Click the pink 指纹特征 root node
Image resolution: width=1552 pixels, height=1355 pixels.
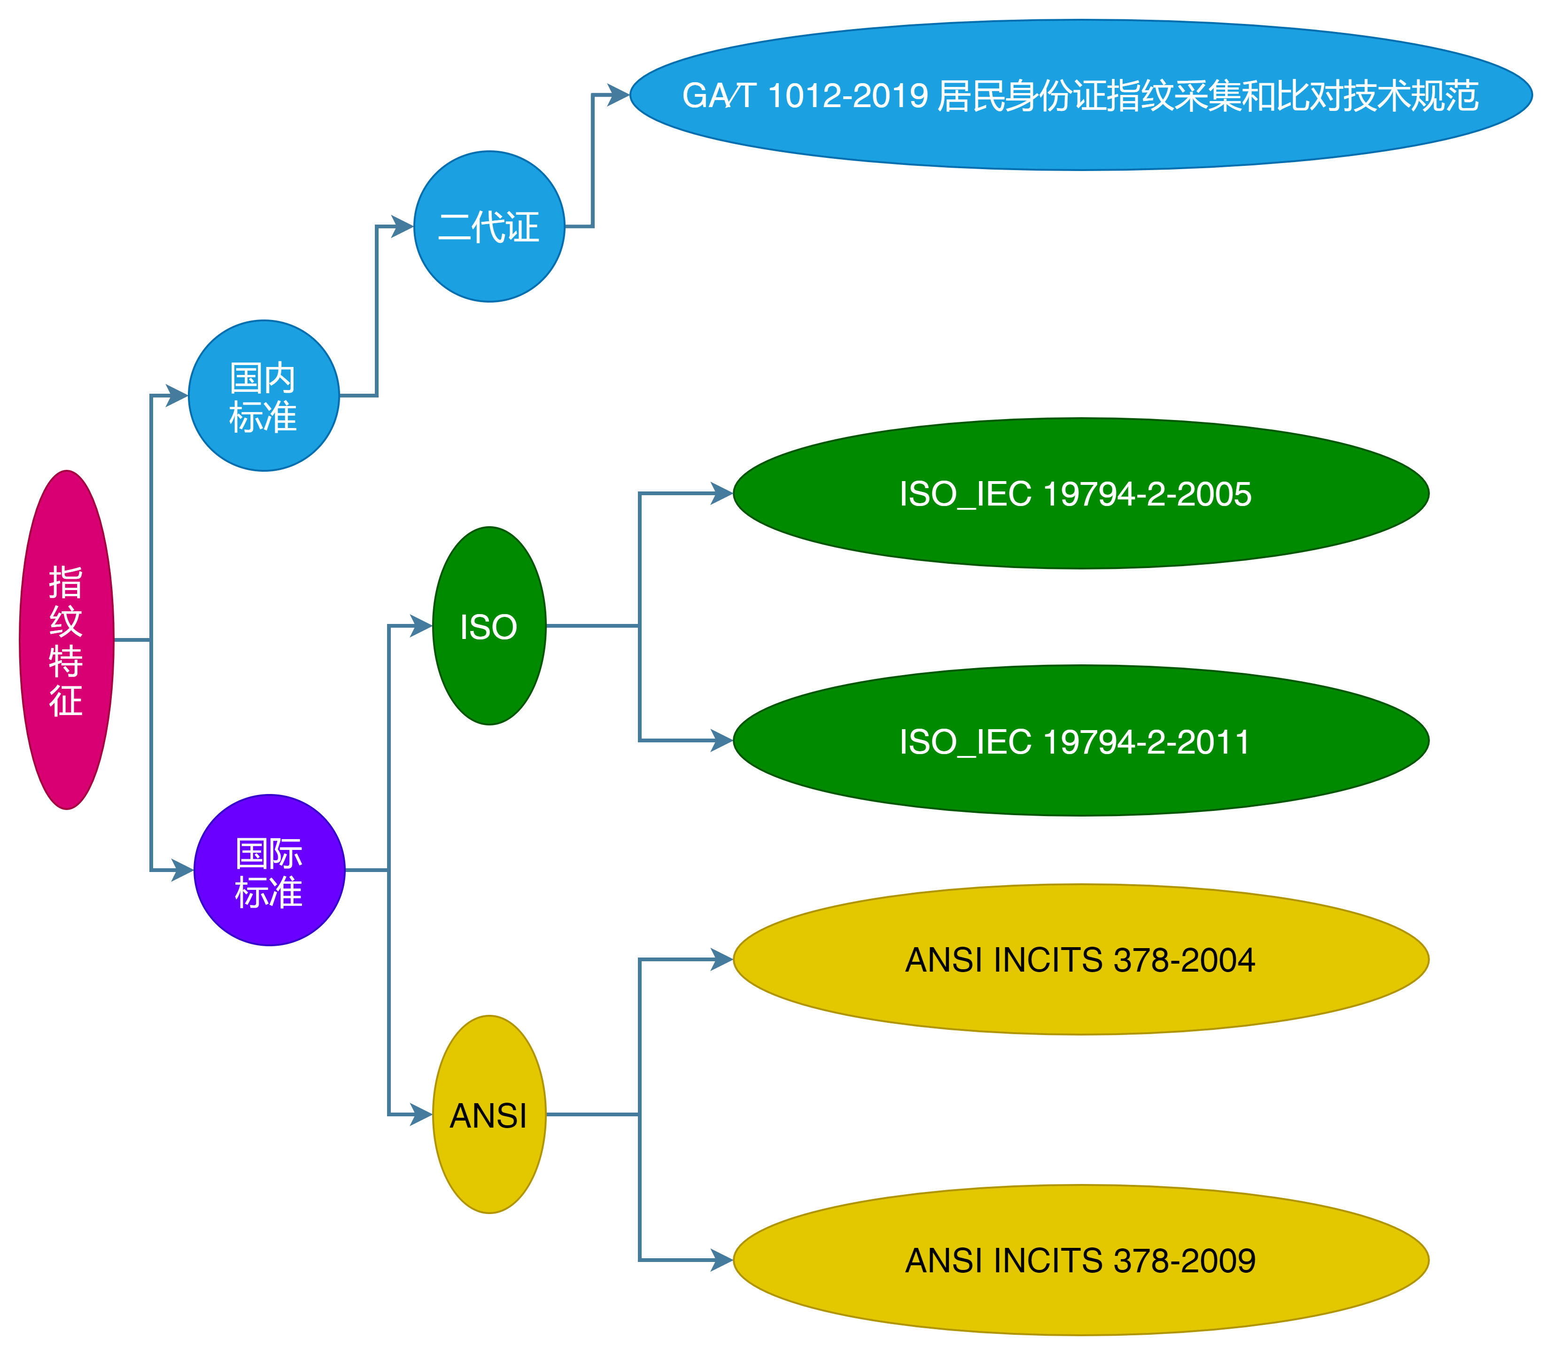click(x=67, y=640)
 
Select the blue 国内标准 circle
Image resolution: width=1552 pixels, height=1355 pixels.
click(x=263, y=396)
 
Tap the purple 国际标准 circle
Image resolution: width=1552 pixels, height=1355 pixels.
click(x=269, y=870)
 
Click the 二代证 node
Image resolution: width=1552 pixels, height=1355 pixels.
click(x=489, y=226)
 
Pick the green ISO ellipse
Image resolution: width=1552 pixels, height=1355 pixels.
click(x=489, y=626)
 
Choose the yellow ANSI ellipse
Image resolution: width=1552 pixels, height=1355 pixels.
click(x=489, y=1114)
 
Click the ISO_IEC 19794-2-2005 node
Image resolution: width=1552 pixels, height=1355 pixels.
click(x=1081, y=494)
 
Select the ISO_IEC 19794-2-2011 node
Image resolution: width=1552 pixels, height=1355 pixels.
click(x=1081, y=741)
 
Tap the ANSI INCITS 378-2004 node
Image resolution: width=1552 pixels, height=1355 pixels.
click(x=1081, y=959)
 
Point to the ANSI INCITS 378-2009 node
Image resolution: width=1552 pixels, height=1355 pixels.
click(x=1081, y=1261)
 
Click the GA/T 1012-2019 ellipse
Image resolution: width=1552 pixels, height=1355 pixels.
click(x=1081, y=95)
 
